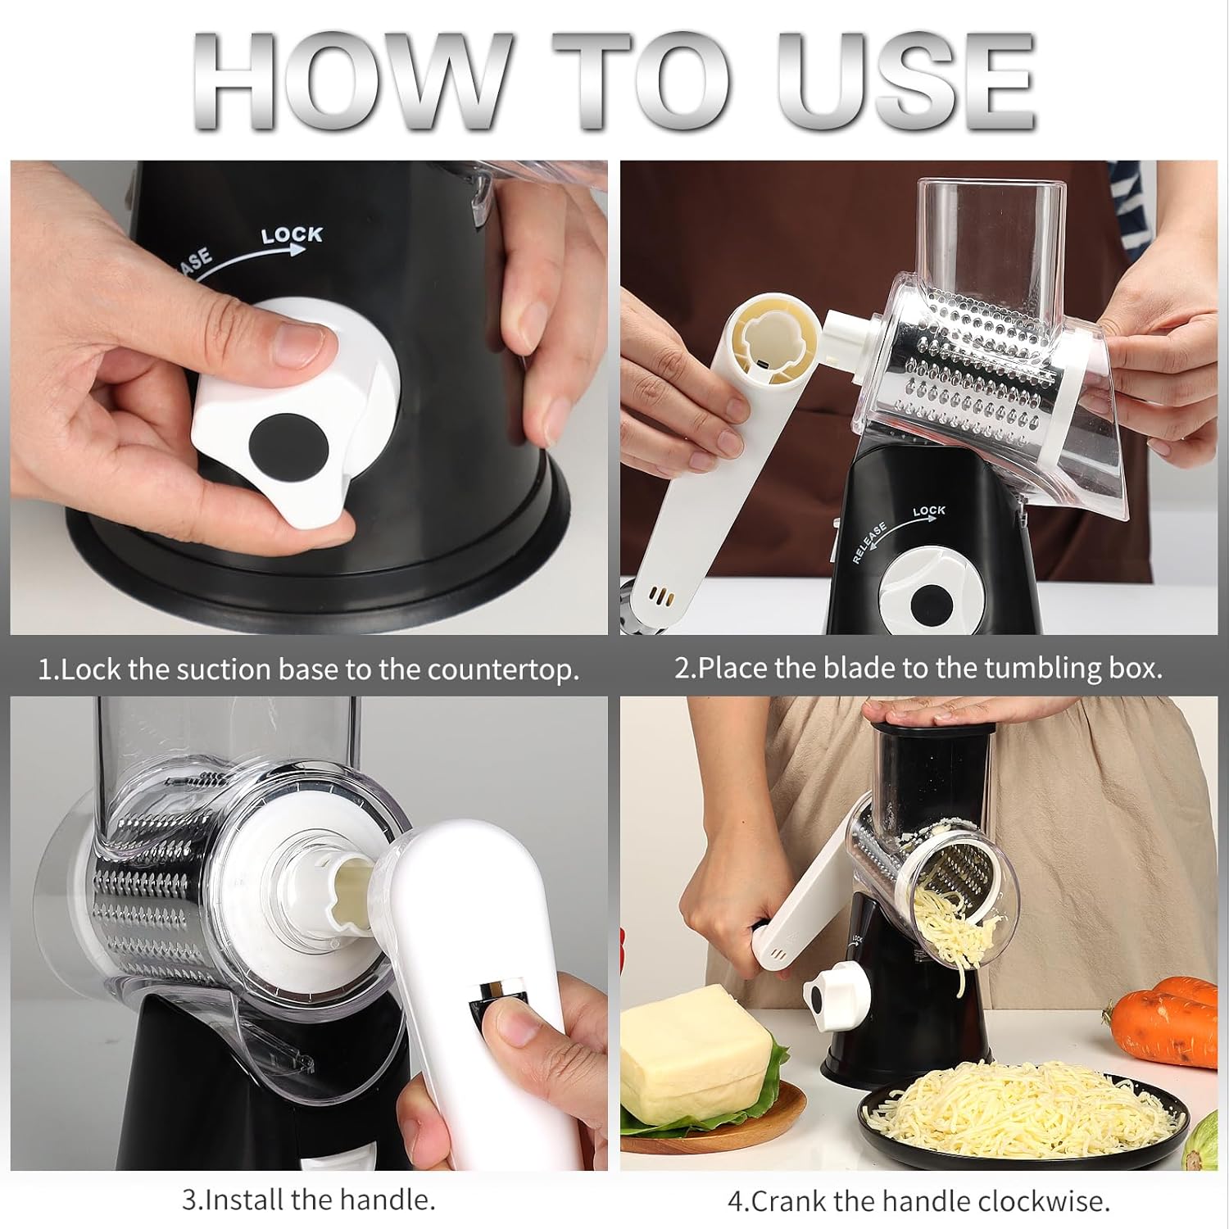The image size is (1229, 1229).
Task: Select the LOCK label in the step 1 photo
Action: pyautogui.click(x=292, y=235)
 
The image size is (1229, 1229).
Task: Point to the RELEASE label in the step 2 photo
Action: pyautogui.click(x=869, y=542)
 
